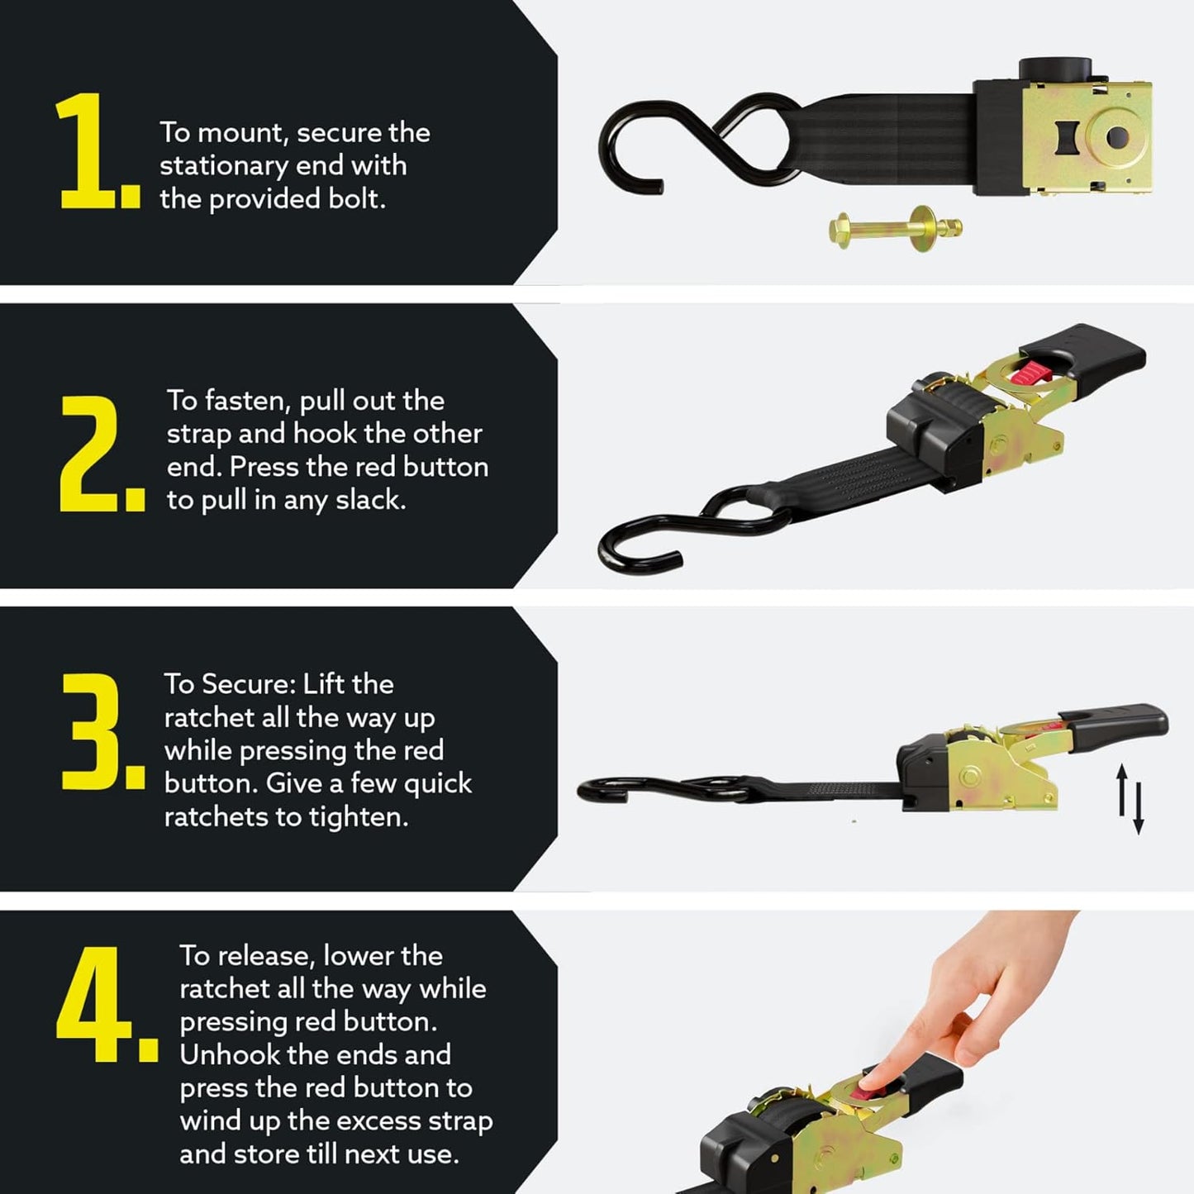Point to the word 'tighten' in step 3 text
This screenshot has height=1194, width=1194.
click(x=358, y=817)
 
